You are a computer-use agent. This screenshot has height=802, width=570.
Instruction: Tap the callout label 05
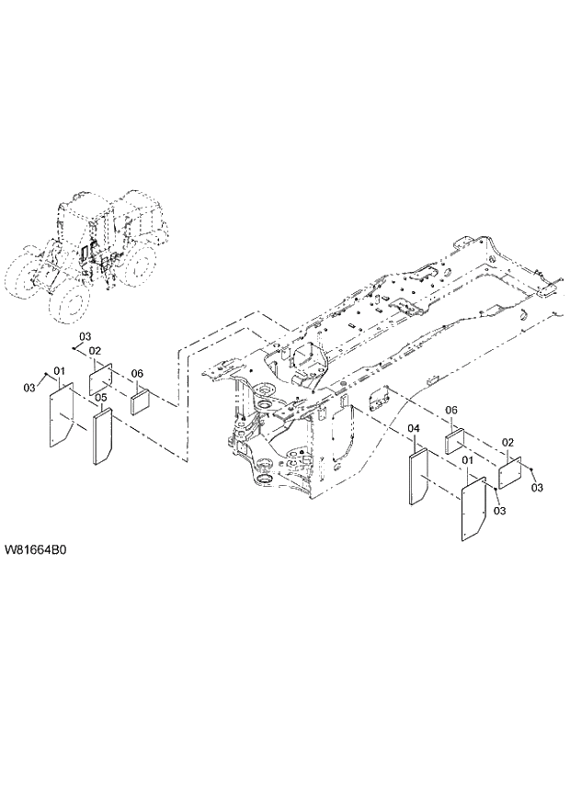point(101,397)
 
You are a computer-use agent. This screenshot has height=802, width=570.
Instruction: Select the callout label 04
point(414,429)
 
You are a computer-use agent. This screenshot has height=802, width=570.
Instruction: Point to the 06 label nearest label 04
point(451,410)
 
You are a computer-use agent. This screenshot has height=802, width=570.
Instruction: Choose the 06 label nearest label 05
point(137,373)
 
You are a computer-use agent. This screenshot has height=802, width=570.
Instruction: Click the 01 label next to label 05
point(60,370)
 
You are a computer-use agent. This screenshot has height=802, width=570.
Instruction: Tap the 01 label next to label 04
point(467,459)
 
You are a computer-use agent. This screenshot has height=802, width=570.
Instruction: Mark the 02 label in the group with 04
point(507,443)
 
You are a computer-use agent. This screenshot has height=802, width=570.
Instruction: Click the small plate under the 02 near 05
point(99,378)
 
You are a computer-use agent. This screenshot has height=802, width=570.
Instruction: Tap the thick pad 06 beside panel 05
point(140,401)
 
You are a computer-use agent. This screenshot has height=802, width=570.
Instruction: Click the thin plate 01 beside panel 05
point(61,415)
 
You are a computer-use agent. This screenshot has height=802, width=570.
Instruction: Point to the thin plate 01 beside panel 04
point(473,508)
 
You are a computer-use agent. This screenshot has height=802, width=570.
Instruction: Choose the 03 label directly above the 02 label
point(85,335)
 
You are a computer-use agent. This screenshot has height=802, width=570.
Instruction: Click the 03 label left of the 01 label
point(28,386)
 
